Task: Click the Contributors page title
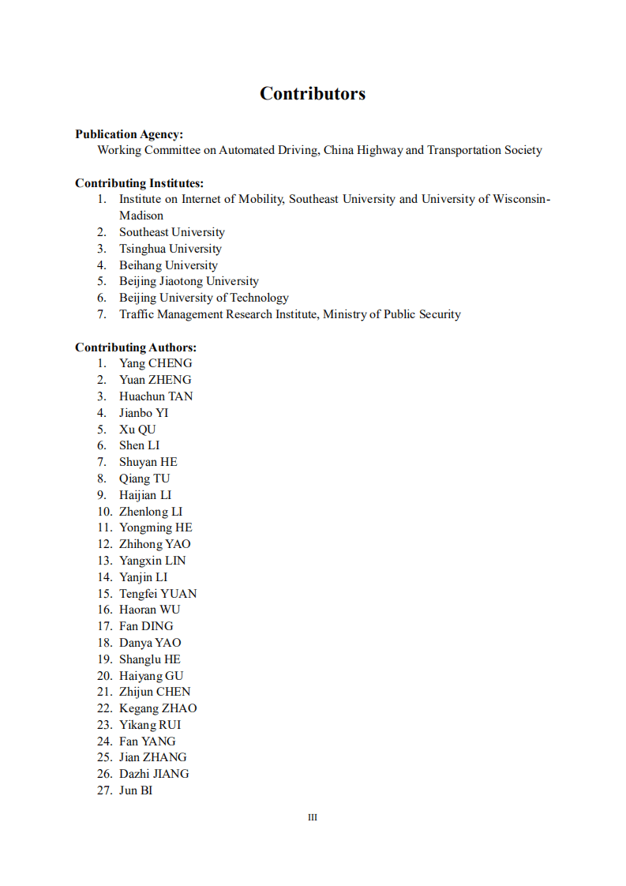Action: pyautogui.click(x=313, y=94)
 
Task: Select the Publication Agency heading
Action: pyautogui.click(x=129, y=134)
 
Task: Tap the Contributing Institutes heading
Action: pyautogui.click(x=139, y=183)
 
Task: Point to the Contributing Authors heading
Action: pyautogui.click(x=136, y=347)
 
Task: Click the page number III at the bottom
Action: pyautogui.click(x=313, y=817)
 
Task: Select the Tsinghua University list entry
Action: pyautogui.click(x=171, y=249)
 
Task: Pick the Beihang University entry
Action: pyautogui.click(x=168, y=265)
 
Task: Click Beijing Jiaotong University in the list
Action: pyautogui.click(x=189, y=281)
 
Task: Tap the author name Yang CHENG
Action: pyautogui.click(x=156, y=363)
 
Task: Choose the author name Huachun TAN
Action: pyautogui.click(x=156, y=396)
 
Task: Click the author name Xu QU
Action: pyautogui.click(x=137, y=430)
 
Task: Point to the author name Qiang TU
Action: pyautogui.click(x=144, y=479)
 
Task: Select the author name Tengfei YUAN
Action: pyautogui.click(x=158, y=594)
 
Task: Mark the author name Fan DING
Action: pyautogui.click(x=146, y=626)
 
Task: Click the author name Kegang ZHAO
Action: pyautogui.click(x=158, y=708)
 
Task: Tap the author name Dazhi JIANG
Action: pyautogui.click(x=154, y=774)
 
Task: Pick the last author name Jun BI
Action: pyautogui.click(x=136, y=790)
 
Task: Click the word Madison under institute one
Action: pyautogui.click(x=141, y=216)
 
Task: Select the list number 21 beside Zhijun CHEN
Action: pyautogui.click(x=105, y=692)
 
